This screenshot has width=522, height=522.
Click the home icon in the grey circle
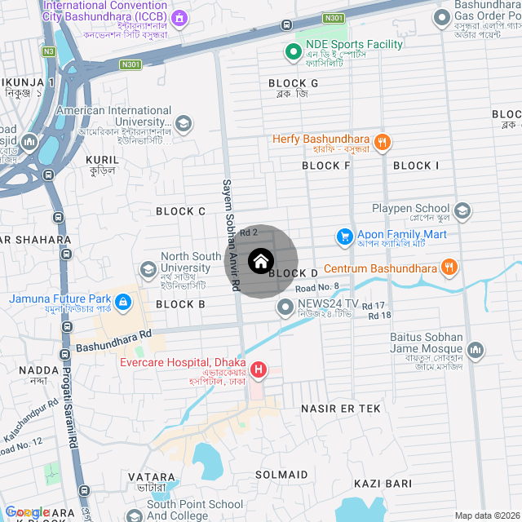tap(260, 262)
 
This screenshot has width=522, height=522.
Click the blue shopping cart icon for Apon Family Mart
tap(344, 237)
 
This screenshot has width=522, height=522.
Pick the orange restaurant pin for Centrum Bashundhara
tap(449, 267)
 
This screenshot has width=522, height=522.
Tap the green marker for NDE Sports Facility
tap(293, 53)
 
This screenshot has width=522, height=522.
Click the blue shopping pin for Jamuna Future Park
tap(122, 303)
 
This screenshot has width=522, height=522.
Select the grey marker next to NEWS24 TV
tap(285, 307)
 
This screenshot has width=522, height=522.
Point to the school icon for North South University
tap(148, 268)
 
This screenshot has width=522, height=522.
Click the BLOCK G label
tap(293, 83)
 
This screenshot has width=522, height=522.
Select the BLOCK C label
tap(180, 211)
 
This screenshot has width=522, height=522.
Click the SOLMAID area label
tap(281, 474)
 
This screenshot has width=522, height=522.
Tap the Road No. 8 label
tap(316, 288)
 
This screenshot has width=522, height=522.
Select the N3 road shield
tap(49, 51)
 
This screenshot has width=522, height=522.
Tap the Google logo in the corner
tap(27, 511)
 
